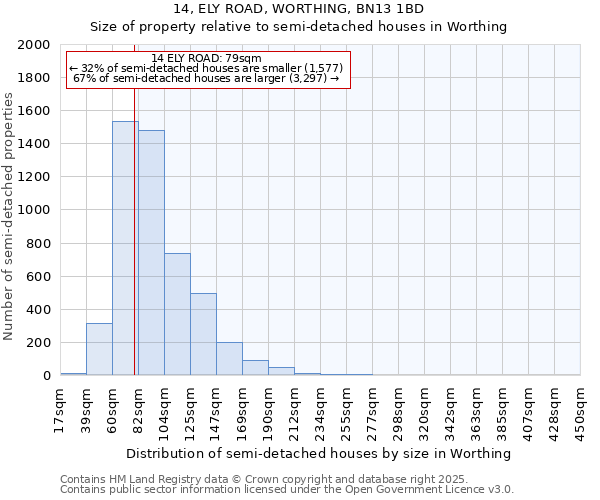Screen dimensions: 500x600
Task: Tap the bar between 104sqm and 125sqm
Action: [x=177, y=314]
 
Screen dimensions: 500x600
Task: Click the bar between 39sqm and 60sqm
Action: [x=99, y=349]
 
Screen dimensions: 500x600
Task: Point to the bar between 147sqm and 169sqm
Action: [x=229, y=359]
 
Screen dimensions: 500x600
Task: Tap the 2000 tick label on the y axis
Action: [x=35, y=45]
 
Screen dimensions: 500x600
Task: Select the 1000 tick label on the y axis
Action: [x=35, y=211]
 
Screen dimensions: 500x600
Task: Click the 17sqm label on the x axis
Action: [x=60, y=410]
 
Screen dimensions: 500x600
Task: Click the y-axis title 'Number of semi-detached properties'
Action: [x=9, y=216]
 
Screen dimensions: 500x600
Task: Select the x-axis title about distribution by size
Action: [x=320, y=453]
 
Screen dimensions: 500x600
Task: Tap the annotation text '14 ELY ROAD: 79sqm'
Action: [x=207, y=58]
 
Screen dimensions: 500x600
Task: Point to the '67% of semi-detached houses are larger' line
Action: [x=207, y=78]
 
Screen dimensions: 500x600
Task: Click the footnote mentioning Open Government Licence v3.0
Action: [x=287, y=490]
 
